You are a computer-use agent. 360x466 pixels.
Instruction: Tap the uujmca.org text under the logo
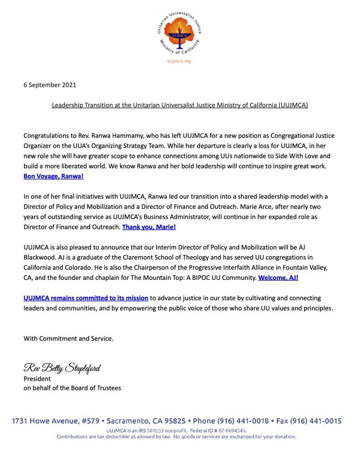[180, 61]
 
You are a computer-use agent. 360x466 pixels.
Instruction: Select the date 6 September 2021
[50, 85]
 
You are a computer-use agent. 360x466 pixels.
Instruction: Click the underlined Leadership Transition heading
[180, 105]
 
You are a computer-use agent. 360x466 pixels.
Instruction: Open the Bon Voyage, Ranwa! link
[53, 176]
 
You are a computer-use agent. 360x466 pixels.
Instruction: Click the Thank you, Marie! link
[149, 227]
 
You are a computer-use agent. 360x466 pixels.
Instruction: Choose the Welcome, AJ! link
[278, 277]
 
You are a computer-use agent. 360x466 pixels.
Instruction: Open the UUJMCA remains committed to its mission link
[86, 298]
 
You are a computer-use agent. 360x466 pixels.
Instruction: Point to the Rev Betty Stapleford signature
[62, 367]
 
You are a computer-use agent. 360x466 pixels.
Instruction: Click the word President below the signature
[37, 379]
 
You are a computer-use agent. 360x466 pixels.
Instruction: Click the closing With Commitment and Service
[68, 338]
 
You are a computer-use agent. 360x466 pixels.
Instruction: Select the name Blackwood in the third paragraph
[40, 257]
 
